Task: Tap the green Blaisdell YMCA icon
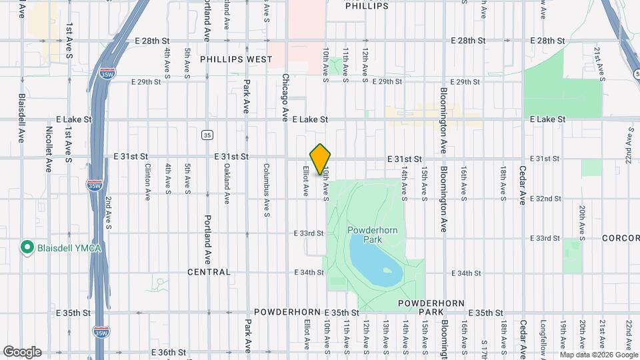click(x=27, y=249)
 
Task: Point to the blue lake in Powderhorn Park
click(x=375, y=258)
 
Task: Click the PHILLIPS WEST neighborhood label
click(x=236, y=59)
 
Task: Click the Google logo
click(x=22, y=352)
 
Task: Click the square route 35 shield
click(x=208, y=135)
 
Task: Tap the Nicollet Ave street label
click(x=49, y=149)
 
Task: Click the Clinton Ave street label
click(x=148, y=182)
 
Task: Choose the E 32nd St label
click(x=545, y=199)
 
